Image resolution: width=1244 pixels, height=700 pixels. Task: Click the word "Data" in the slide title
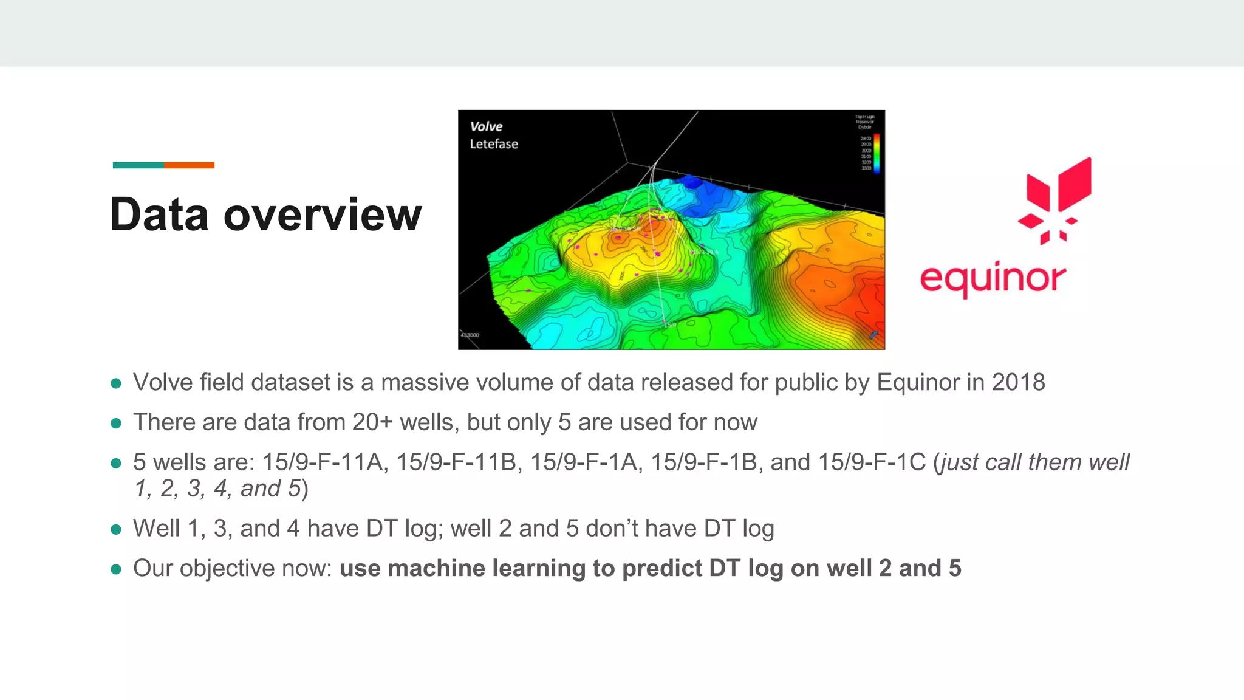click(159, 214)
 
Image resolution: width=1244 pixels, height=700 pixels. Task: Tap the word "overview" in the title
click(323, 214)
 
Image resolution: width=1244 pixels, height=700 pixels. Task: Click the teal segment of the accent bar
click(138, 165)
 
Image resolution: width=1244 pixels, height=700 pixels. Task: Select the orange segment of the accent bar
click(189, 165)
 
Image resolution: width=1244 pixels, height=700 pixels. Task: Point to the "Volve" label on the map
click(486, 126)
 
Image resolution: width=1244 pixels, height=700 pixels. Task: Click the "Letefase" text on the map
click(493, 144)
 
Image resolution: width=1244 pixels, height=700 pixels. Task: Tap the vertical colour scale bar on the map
click(877, 153)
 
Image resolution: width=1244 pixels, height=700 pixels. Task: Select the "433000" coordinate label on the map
click(470, 335)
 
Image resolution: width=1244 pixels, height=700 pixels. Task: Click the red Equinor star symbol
click(1056, 201)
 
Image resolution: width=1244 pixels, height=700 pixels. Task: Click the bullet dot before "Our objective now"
click(116, 569)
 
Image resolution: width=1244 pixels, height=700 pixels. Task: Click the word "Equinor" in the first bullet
click(918, 382)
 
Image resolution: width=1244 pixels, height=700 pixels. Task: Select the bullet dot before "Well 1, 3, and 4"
click(116, 529)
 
